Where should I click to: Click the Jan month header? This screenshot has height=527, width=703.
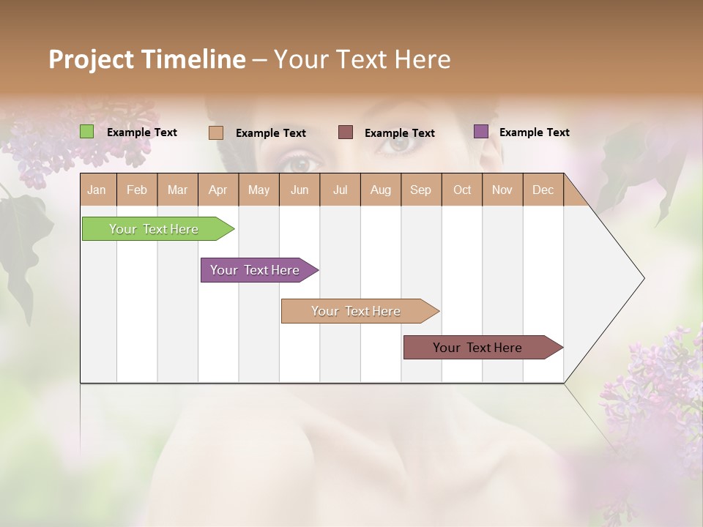(x=97, y=190)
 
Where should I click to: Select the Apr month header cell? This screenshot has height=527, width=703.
(x=218, y=190)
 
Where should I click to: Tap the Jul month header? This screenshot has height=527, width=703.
(x=340, y=190)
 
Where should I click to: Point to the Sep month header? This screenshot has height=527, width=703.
(x=421, y=190)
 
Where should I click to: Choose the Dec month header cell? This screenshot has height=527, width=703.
(x=543, y=190)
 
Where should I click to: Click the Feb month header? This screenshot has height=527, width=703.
(x=137, y=190)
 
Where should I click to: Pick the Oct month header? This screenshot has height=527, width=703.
(x=462, y=190)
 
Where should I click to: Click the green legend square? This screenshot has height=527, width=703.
(x=87, y=132)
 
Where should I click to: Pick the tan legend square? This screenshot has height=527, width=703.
(x=215, y=132)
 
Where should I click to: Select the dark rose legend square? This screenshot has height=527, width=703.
(x=346, y=132)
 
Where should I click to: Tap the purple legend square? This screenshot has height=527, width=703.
(x=481, y=132)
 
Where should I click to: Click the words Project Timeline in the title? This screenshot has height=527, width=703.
(x=147, y=59)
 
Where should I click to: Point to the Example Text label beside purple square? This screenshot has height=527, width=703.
(x=534, y=132)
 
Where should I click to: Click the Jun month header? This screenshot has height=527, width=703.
(x=300, y=190)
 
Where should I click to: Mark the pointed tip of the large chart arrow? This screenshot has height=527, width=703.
(x=643, y=278)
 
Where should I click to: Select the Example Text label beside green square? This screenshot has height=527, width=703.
(x=142, y=132)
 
